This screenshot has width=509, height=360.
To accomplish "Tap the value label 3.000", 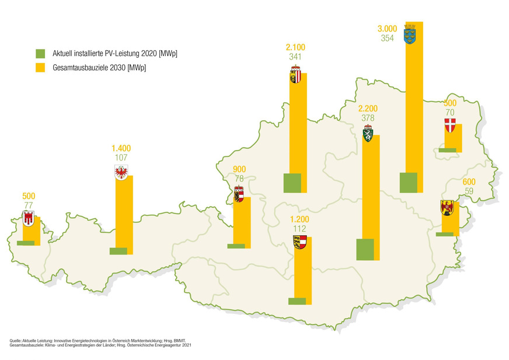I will [388, 29].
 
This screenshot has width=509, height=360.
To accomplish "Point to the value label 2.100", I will [295, 47].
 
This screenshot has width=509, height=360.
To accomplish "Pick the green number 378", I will [368, 118].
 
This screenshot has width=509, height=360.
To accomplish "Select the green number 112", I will [299, 228].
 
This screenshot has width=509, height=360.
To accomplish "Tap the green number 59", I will [470, 191].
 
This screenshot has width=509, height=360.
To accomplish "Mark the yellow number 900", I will [239, 169].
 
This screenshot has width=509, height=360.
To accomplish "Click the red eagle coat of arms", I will [121, 172].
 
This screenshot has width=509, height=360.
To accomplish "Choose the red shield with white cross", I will [450, 125].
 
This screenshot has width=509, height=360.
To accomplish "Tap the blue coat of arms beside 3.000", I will [410, 33].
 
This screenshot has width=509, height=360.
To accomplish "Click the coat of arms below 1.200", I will [299, 242].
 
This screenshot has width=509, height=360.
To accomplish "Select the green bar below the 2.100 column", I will [292, 183].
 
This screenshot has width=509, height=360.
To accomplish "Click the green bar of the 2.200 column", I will [365, 249].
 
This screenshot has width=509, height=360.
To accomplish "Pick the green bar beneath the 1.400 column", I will [118, 251].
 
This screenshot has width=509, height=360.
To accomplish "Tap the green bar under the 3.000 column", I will [409, 182].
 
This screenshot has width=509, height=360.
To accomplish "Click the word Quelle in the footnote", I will [17, 340].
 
